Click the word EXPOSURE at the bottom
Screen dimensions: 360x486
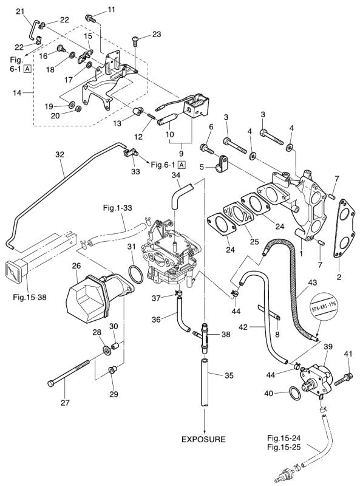tap(203, 439)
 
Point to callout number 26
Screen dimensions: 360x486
tap(76, 265)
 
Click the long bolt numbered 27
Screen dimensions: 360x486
tap(69, 372)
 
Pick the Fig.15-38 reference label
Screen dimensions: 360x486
tap(30, 297)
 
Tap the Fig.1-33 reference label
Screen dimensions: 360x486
tap(117, 207)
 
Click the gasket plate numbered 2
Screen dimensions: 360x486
tap(344, 228)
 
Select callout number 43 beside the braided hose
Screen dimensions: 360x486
tap(312, 282)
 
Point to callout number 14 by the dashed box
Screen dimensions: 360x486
tap(17, 92)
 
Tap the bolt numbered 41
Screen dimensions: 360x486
tap(343, 378)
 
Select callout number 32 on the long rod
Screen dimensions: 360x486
tap(59, 154)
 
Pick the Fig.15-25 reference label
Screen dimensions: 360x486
tap(284, 447)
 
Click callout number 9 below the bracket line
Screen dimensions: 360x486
tap(182, 153)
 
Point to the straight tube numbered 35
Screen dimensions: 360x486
tap(205, 382)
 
